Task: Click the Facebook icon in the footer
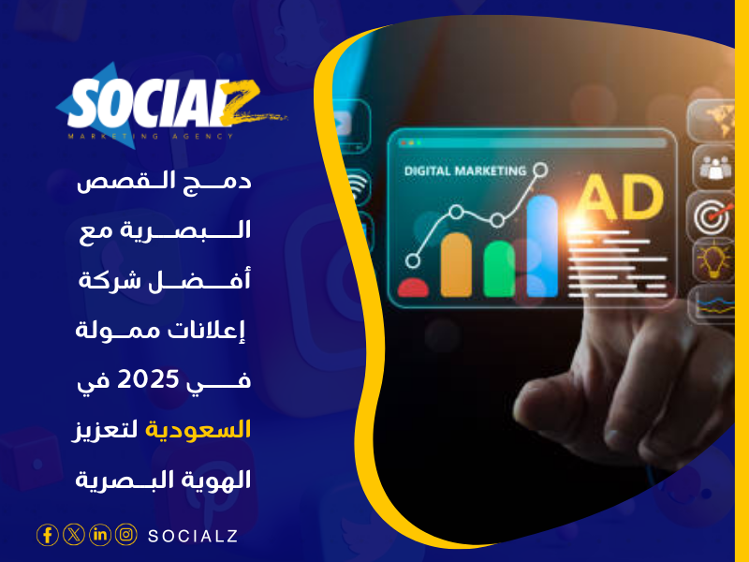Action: [x=47, y=535]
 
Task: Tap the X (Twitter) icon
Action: [x=73, y=535]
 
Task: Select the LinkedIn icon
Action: [x=99, y=535]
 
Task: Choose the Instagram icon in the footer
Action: [x=125, y=535]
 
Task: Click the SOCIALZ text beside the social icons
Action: [x=192, y=536]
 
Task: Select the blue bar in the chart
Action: [x=543, y=245]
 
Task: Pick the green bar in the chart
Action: [x=498, y=268]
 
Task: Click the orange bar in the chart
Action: [x=455, y=264]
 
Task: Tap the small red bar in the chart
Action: [x=413, y=286]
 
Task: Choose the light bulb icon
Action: [x=713, y=259]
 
